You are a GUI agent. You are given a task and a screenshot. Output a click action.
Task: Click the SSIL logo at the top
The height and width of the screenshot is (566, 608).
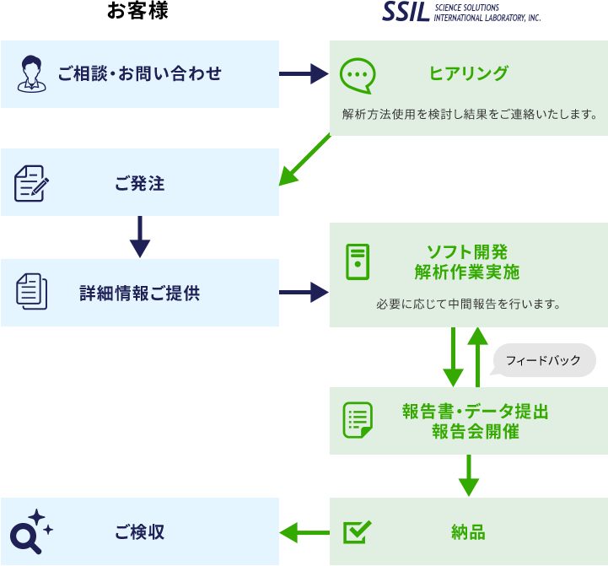(x=460, y=12)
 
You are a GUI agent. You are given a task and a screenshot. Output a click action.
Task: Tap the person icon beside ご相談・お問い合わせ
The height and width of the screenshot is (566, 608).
(x=31, y=73)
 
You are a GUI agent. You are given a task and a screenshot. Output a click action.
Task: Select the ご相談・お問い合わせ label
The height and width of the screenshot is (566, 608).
(x=140, y=74)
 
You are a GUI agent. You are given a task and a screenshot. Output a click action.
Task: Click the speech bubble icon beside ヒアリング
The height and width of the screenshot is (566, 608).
(x=357, y=74)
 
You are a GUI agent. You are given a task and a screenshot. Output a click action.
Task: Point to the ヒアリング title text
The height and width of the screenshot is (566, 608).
(x=469, y=74)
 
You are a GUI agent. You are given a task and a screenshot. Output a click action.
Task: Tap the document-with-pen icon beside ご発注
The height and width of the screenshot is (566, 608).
(x=31, y=183)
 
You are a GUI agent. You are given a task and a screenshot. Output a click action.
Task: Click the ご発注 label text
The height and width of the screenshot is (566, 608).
(x=140, y=183)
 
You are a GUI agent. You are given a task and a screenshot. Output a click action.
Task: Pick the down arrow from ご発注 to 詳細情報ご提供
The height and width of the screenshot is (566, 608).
(x=140, y=237)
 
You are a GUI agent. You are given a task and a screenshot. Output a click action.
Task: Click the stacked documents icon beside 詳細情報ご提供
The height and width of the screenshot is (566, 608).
(x=31, y=292)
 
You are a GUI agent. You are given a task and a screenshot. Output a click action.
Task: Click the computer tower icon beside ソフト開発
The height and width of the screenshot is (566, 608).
(x=358, y=261)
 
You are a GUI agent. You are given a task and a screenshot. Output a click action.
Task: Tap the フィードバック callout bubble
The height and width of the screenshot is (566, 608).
(x=544, y=360)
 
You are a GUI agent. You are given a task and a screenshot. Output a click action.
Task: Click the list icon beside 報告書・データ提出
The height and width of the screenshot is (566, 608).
(x=358, y=419)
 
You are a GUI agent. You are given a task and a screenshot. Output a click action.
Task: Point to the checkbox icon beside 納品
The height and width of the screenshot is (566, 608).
(x=358, y=531)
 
